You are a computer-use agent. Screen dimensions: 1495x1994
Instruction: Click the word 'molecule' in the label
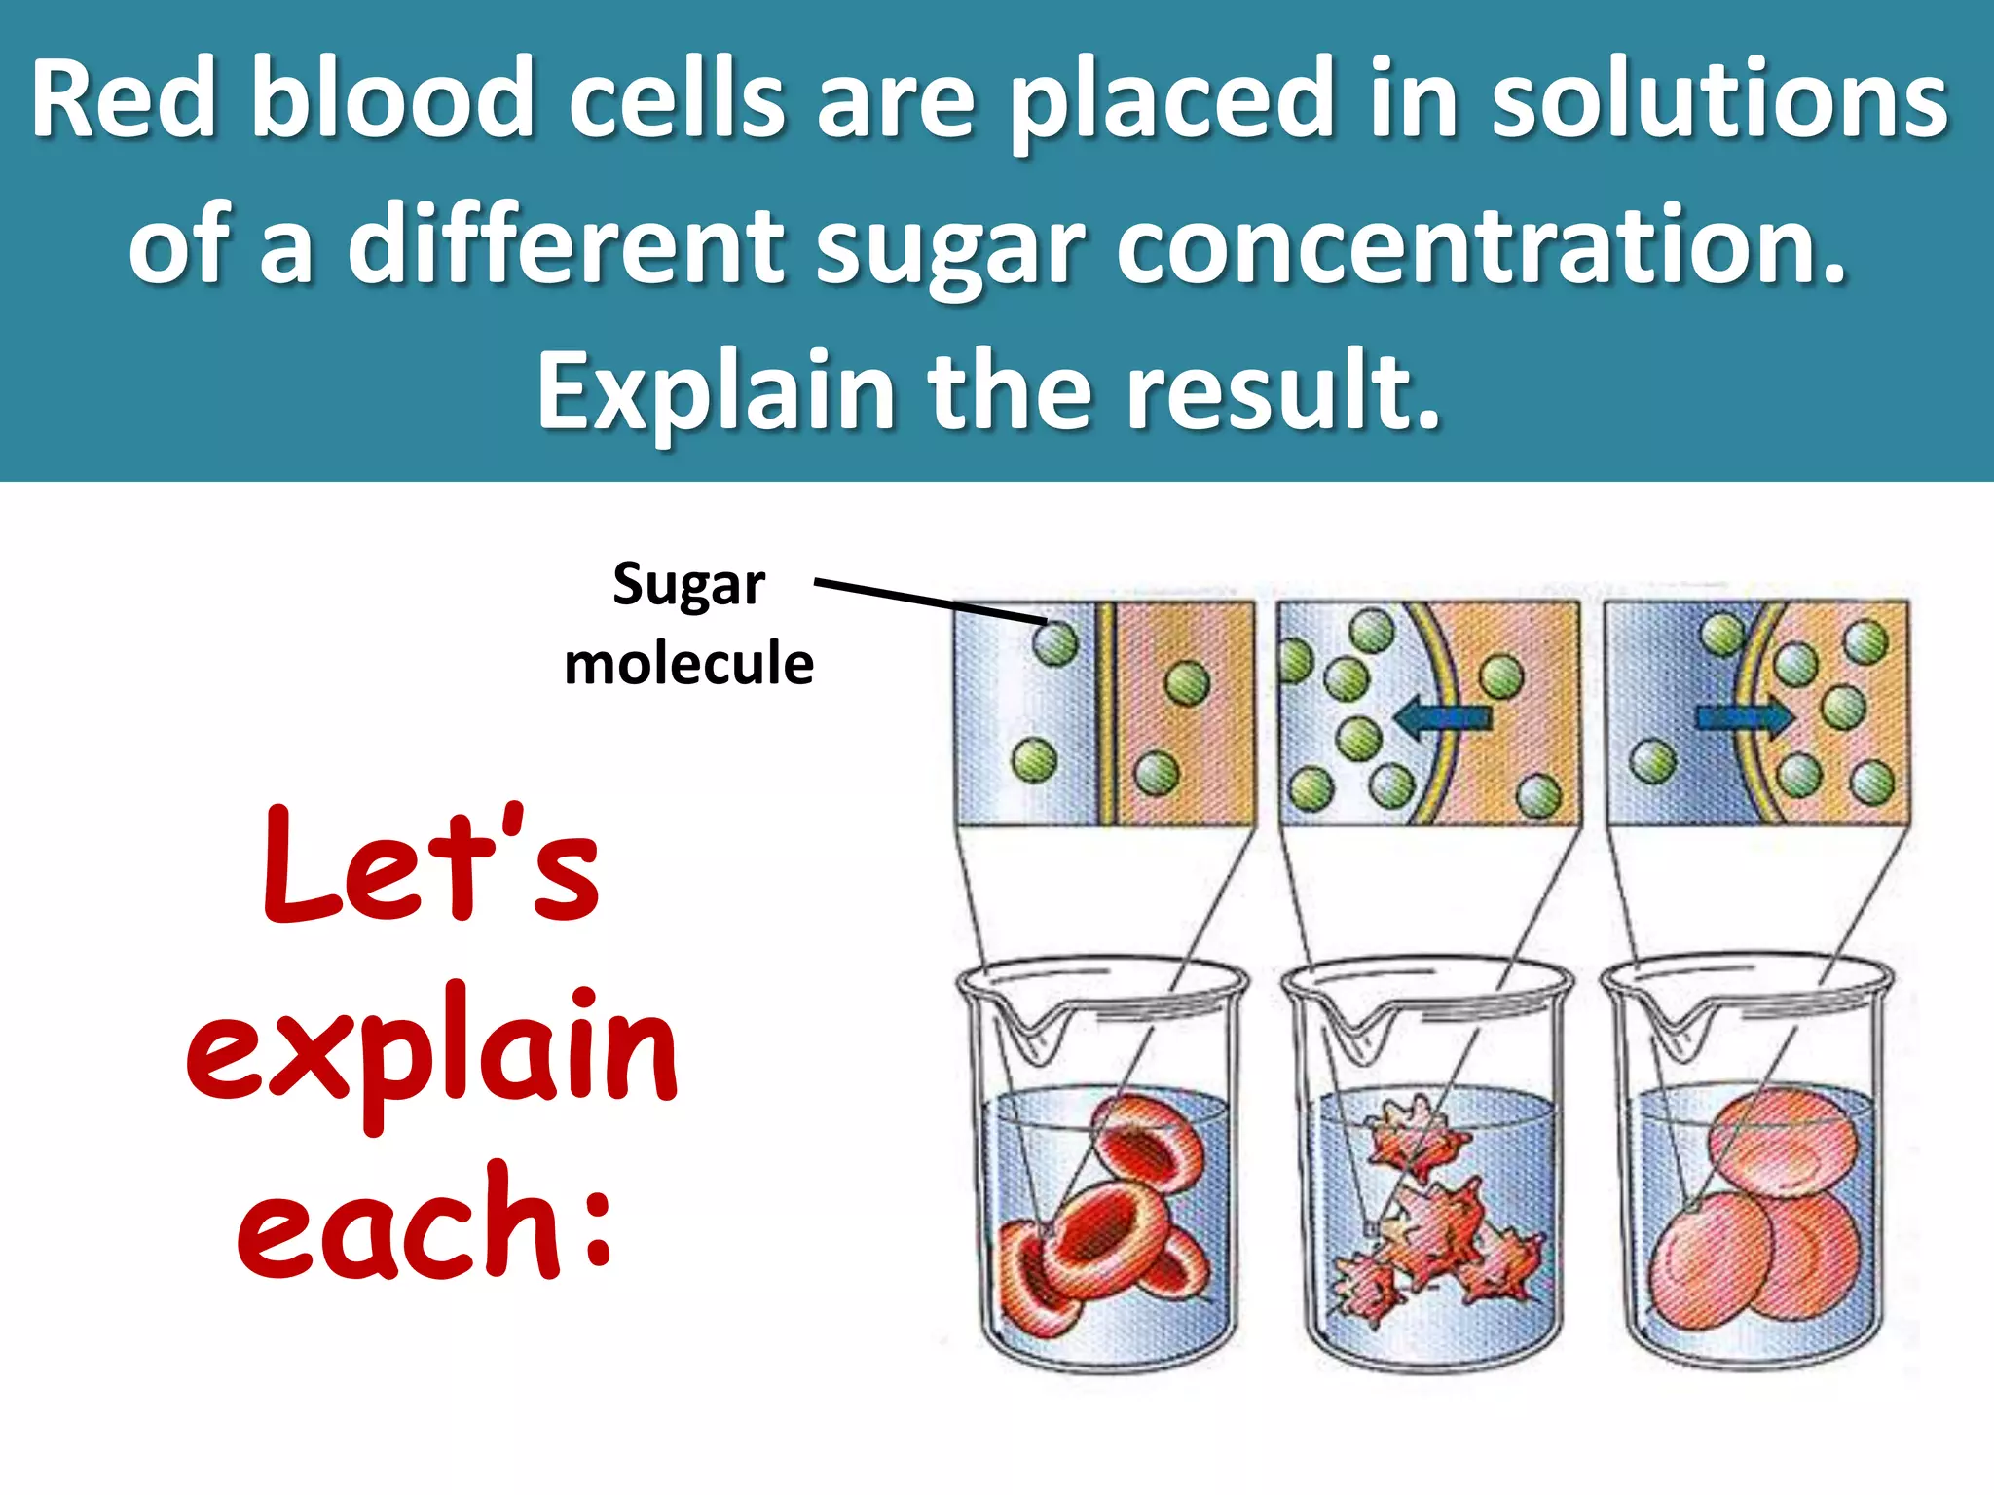click(x=688, y=665)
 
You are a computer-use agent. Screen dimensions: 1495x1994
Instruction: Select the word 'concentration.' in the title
click(x=1481, y=245)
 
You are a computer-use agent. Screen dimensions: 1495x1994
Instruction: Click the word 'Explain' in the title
click(x=715, y=391)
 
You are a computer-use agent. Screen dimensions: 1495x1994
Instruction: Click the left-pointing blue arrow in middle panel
click(x=1442, y=718)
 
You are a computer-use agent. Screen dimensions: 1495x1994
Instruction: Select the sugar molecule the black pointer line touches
click(x=1054, y=642)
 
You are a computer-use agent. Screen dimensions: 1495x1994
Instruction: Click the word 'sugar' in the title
click(x=949, y=245)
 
